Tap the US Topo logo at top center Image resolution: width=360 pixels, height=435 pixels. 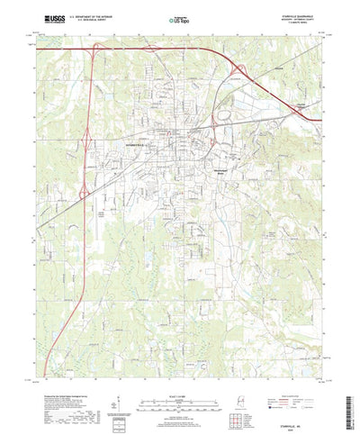click(179, 17)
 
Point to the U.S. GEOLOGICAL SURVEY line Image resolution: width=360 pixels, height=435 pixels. click(85, 19)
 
